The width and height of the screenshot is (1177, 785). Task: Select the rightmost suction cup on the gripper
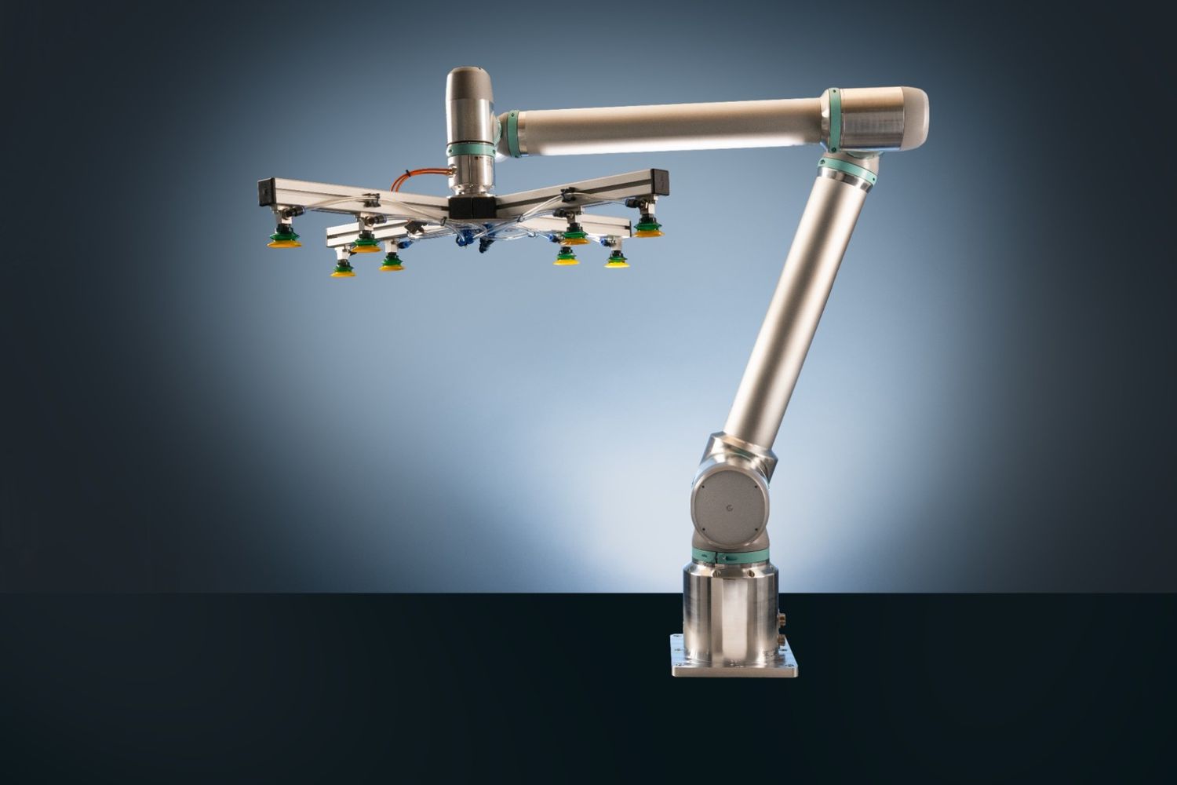(x=646, y=228)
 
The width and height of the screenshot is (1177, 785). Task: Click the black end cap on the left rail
(x=263, y=192)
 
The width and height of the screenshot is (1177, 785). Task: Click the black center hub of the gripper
(x=471, y=206)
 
